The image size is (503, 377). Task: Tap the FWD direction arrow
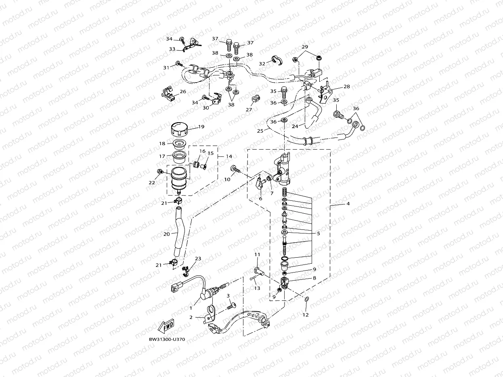(166, 326)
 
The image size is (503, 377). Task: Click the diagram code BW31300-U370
(167, 340)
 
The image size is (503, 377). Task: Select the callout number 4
(348, 204)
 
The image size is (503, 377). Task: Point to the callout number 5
(318, 233)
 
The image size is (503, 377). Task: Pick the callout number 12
(306, 315)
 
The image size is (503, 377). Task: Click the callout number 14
(229, 156)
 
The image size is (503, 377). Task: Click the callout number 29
(305, 47)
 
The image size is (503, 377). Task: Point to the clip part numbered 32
(276, 59)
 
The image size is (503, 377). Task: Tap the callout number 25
(260, 131)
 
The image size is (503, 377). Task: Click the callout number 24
(295, 126)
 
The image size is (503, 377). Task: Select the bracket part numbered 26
(170, 94)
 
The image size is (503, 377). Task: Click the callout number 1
(191, 308)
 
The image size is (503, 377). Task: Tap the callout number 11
(257, 254)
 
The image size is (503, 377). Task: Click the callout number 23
(198, 258)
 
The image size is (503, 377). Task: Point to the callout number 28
(346, 87)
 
